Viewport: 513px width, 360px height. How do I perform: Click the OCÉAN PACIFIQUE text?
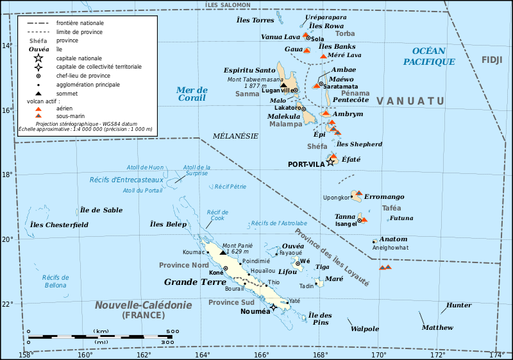[429, 56]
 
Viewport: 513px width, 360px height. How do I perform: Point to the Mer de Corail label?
[192, 94]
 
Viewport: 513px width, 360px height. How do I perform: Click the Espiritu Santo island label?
[249, 70]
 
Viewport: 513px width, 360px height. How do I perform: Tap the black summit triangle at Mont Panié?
[223, 252]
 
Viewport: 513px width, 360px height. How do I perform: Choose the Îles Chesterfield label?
[58, 225]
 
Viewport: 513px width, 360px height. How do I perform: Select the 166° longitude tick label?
[261, 355]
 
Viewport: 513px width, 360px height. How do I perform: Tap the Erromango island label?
[385, 196]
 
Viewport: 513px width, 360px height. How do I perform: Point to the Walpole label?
[365, 329]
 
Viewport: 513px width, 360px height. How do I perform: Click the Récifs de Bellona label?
[55, 281]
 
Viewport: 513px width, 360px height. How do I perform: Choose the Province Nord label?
[183, 265]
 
